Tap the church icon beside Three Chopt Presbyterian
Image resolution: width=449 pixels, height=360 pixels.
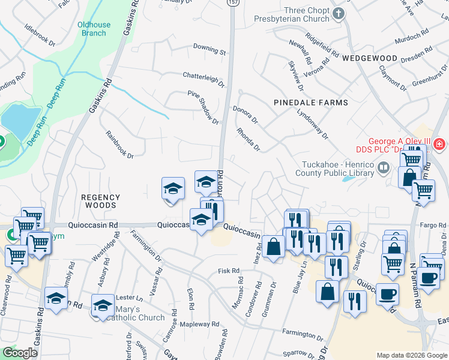pos(339,13)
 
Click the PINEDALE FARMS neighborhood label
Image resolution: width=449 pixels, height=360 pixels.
pos(310,103)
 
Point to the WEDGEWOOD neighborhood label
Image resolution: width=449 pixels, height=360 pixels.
pos(370,58)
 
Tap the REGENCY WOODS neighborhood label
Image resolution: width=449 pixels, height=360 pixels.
pos(101,201)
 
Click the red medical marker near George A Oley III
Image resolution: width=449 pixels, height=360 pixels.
pos(439,144)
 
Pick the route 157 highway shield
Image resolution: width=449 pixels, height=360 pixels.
pos(232,3)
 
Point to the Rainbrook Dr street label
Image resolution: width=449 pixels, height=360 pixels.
pos(119,145)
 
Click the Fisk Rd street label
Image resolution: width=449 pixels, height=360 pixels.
pos(229,271)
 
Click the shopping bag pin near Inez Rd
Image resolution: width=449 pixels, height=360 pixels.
pos(273,246)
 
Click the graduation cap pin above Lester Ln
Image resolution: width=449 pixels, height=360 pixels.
pos(56,298)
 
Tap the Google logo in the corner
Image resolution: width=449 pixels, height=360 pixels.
pos(20,353)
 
